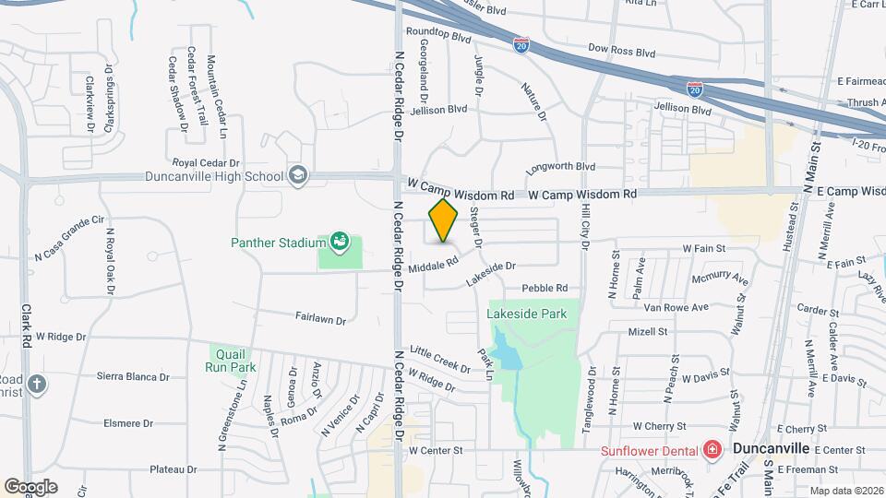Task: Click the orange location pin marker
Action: [x=443, y=220]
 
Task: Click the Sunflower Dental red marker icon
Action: [x=712, y=450]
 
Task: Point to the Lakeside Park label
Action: [x=527, y=314]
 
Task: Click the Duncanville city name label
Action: [x=771, y=448]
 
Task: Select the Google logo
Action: [x=30, y=486]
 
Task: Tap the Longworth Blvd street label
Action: [x=560, y=169]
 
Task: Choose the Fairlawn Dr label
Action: [x=319, y=320]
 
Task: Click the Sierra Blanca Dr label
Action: [x=133, y=376]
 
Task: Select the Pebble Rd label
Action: [x=544, y=288]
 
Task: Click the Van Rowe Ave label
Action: [x=676, y=307]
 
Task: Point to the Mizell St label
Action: [x=647, y=331]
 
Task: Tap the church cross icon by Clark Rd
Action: [x=36, y=384]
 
